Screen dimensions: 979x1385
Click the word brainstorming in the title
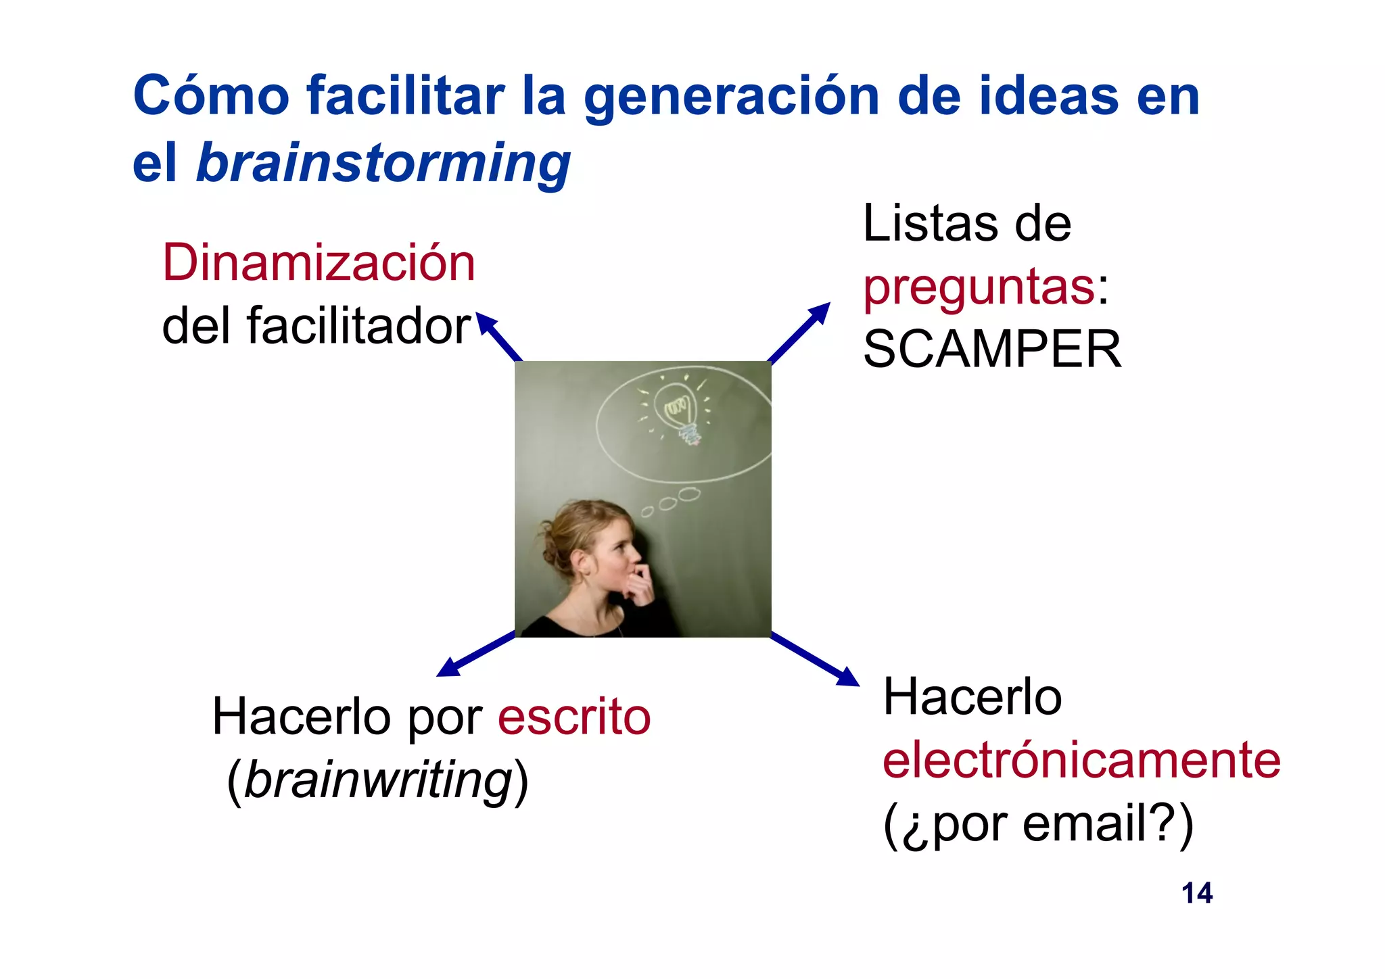(x=383, y=164)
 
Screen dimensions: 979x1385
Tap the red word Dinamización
(x=319, y=262)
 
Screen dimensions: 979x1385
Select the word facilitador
(x=358, y=326)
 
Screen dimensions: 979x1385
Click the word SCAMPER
(x=992, y=349)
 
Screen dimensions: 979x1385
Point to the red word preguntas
(x=979, y=287)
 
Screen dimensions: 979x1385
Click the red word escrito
(x=574, y=717)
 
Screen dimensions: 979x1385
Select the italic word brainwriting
(x=377, y=780)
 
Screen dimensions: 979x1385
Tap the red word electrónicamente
(x=1081, y=760)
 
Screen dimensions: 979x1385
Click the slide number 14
(x=1196, y=893)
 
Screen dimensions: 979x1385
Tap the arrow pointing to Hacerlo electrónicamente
(x=816, y=659)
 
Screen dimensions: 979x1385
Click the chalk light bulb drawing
(x=679, y=410)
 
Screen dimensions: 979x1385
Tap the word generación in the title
(x=732, y=96)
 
